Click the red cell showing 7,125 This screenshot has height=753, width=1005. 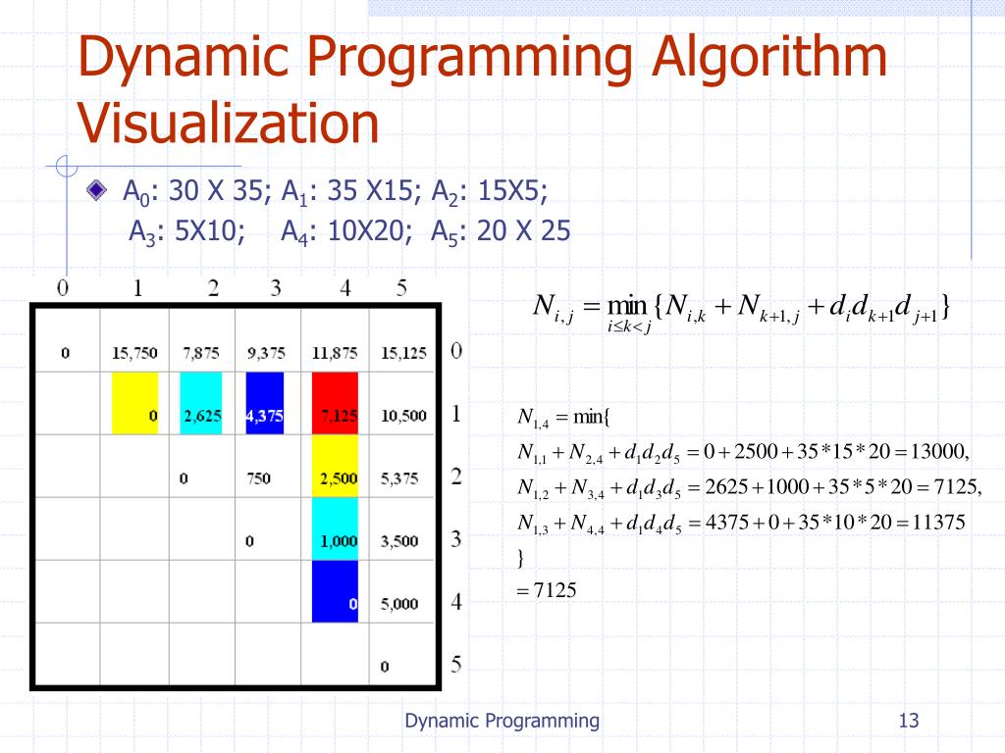pos(335,404)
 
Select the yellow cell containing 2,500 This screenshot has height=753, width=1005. pos(335,467)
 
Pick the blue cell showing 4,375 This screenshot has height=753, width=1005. pos(265,404)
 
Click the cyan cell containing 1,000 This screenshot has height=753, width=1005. pos(335,529)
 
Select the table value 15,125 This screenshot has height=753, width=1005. pos(403,353)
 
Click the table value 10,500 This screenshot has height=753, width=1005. pos(403,416)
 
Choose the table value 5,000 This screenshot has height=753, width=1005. pos(400,604)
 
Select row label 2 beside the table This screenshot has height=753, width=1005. pos(455,477)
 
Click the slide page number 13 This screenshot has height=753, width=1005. pos(908,722)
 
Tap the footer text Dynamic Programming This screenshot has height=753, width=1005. pos(502,722)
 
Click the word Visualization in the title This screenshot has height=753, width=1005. pos(229,125)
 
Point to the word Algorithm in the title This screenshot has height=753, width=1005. pos(767,59)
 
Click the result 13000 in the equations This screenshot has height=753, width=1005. pos(939,452)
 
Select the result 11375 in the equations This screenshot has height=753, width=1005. pos(936,523)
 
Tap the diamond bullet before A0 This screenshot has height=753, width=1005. pos(95,189)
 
